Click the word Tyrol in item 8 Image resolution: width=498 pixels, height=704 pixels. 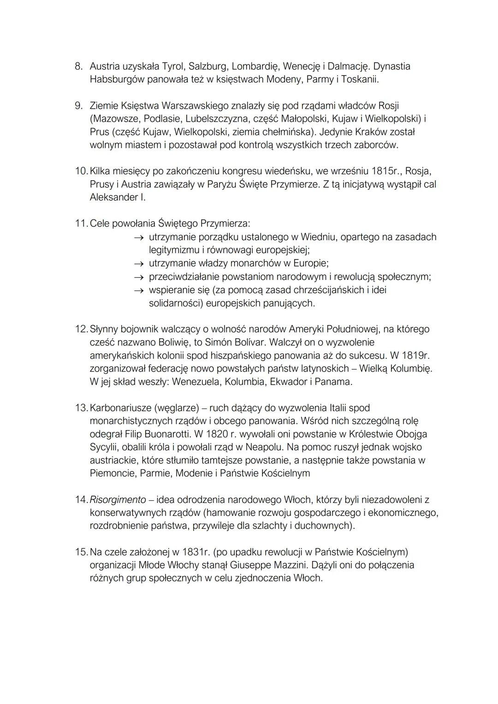(171, 66)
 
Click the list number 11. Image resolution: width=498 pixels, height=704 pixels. (81, 224)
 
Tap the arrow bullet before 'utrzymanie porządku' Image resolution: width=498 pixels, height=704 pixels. (139, 237)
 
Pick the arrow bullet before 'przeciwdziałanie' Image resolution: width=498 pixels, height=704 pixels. (139, 277)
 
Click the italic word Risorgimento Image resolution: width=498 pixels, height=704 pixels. (118, 500)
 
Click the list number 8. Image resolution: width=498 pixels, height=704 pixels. (78, 66)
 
